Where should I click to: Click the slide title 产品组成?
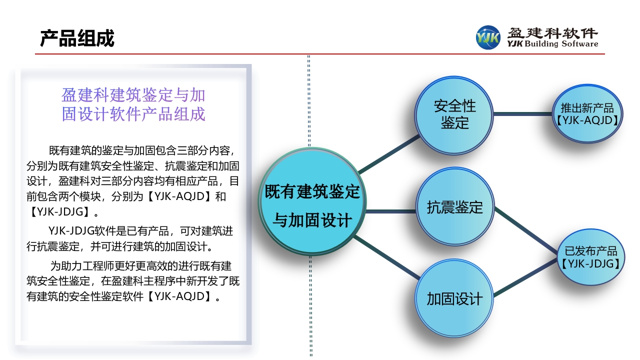[77, 38]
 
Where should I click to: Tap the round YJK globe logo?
[488, 37]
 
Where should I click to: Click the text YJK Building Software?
[552, 43]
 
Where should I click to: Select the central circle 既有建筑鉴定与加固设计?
[312, 201]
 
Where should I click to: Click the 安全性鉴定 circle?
[454, 115]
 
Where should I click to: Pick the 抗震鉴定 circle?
[455, 206]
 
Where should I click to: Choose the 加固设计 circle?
[454, 298]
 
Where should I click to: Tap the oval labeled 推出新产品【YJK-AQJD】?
[587, 113]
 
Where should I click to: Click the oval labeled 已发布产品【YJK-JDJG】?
[591, 257]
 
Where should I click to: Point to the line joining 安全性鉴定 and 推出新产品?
[522, 113]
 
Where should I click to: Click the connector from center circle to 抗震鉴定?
[390, 211]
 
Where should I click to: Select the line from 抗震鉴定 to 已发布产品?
[526, 230]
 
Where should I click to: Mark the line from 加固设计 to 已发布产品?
[525, 277]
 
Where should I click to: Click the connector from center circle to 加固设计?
[387, 257]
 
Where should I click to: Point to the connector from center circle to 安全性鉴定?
[389, 154]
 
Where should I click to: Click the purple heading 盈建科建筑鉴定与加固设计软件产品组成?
[133, 104]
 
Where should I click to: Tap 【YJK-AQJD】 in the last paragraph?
[179, 296]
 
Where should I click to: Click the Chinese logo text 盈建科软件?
[552, 33]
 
